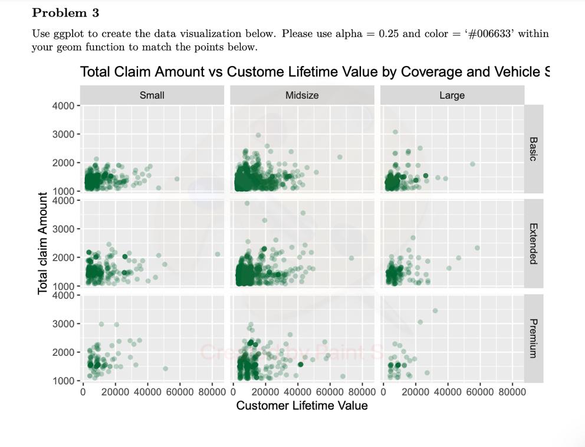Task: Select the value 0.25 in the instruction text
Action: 389,34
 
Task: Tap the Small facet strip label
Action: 152,95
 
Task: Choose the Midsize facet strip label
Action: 302,95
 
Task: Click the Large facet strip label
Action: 452,95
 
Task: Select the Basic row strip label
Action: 533,149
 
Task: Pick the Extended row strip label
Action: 533,243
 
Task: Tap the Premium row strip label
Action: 533,338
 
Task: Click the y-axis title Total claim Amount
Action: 42,243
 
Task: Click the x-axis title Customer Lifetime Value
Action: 302,406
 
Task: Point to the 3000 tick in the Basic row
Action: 64,134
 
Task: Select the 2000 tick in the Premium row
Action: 64,352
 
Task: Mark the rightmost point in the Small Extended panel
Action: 218,254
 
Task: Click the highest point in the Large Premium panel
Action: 435,311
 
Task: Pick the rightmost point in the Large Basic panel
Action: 472,164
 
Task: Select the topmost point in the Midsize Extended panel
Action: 247,203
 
